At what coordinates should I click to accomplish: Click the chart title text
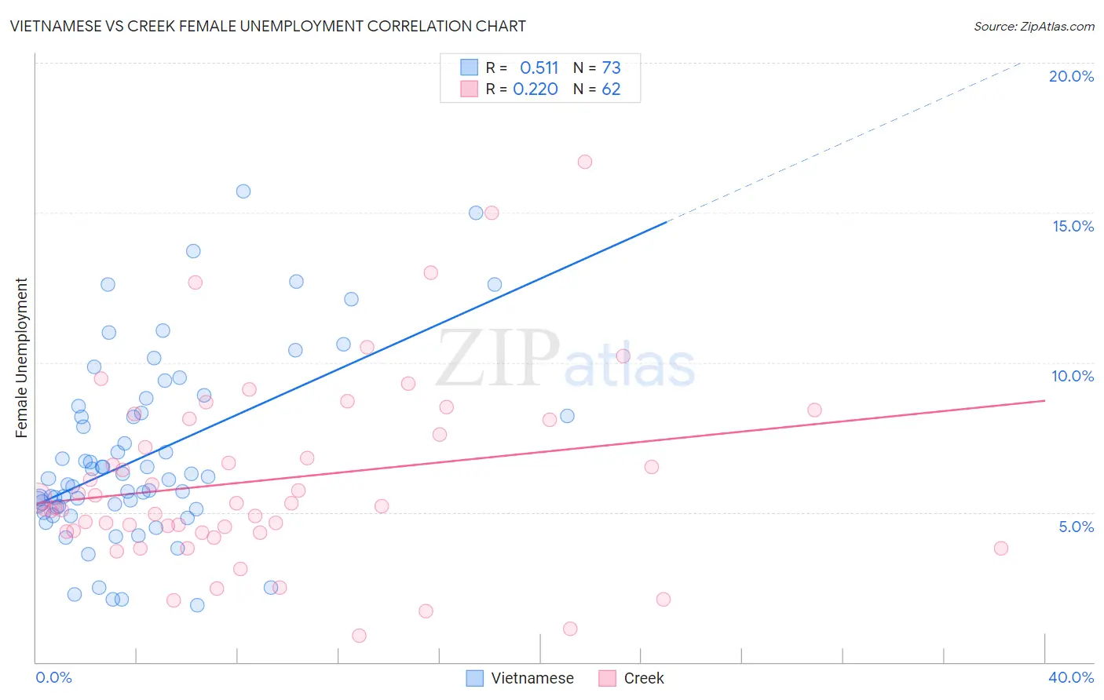[268, 26]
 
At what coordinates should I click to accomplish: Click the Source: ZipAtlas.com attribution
[1033, 26]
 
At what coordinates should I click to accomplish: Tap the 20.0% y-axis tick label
[1071, 76]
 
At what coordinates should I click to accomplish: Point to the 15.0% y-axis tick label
[1073, 226]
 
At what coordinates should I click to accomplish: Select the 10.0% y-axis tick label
[1073, 376]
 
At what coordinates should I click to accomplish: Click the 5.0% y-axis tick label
[1076, 527]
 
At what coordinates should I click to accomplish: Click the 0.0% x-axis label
[53, 677]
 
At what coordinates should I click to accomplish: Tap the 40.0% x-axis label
[1070, 677]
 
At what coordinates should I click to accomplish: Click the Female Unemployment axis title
[21, 357]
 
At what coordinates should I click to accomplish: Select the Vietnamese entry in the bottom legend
[521, 678]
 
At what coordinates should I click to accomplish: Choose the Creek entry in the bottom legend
[632, 678]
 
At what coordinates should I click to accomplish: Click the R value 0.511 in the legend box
[539, 67]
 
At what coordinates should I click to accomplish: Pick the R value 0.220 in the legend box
[536, 89]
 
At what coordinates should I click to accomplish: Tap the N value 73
[611, 67]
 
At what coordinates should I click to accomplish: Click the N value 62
[611, 89]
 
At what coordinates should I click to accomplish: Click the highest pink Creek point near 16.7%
[584, 162]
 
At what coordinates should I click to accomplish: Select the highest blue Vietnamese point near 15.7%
[243, 191]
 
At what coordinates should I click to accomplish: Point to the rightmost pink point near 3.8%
[1000, 549]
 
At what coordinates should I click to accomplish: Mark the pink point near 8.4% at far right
[814, 410]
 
